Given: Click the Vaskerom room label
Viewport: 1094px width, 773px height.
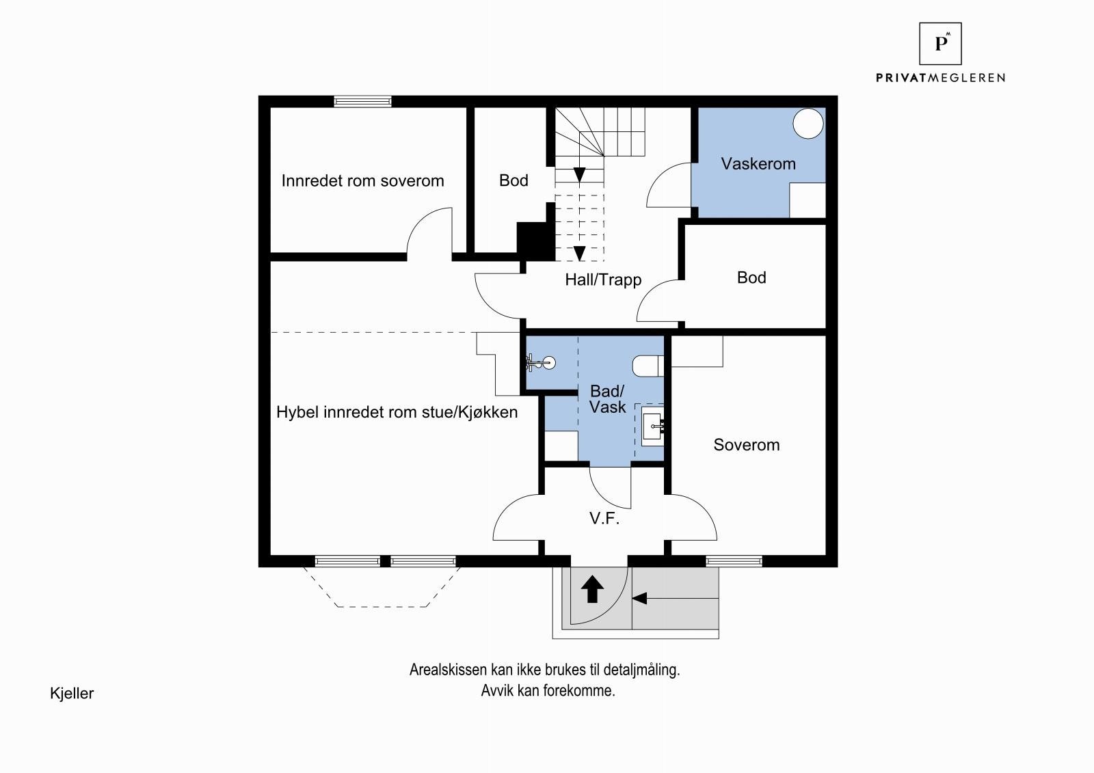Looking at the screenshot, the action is [758, 163].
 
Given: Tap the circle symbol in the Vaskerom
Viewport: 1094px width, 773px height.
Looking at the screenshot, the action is [808, 124].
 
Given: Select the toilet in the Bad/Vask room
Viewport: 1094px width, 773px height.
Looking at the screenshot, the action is [648, 366].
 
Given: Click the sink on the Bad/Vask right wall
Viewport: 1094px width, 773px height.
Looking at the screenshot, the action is [652, 426].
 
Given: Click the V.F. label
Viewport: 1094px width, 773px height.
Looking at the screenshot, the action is [604, 518].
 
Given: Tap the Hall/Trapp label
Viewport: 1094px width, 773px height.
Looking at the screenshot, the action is [603, 280].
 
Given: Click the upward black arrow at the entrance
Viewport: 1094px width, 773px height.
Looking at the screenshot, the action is [592, 589].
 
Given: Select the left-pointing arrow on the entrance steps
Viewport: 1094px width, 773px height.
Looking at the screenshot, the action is [675, 598].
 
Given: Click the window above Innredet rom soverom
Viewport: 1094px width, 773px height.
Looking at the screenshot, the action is [362, 102].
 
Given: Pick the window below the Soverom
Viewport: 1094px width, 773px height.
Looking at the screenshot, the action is [734, 561].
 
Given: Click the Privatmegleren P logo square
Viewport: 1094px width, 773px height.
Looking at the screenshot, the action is [940, 44].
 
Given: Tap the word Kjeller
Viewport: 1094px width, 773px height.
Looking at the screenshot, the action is [72, 694].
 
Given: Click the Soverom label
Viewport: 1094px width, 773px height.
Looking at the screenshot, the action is [746, 445].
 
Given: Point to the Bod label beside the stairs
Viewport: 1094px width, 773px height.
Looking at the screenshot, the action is [513, 180].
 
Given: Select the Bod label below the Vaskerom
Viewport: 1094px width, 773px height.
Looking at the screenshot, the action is [751, 278].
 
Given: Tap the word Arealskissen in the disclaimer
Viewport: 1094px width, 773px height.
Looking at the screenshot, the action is [449, 670].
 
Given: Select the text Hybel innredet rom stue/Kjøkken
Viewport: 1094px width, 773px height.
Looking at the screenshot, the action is [397, 413].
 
